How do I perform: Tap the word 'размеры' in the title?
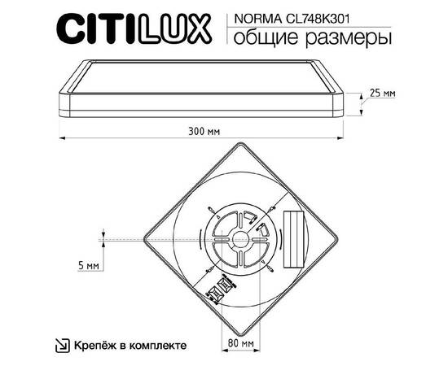(343, 38)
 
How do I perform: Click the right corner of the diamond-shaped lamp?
(337, 239)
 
